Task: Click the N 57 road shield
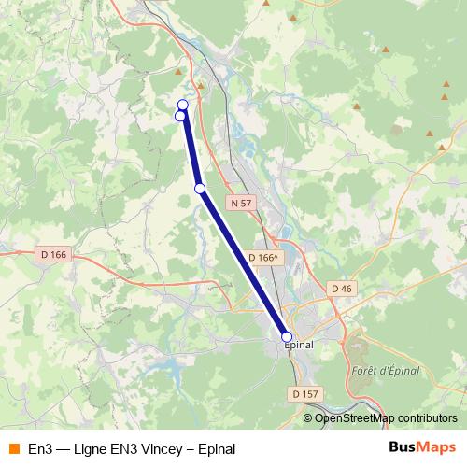(241, 203)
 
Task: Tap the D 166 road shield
(55, 254)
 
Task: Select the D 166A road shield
(265, 258)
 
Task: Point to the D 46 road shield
(341, 289)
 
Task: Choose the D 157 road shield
(304, 394)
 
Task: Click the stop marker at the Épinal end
(287, 336)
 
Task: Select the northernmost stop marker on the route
(183, 105)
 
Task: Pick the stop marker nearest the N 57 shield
(200, 189)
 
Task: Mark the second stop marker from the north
(180, 116)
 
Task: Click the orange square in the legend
(13, 448)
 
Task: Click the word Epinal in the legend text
(217, 448)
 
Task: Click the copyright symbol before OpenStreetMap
(309, 417)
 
